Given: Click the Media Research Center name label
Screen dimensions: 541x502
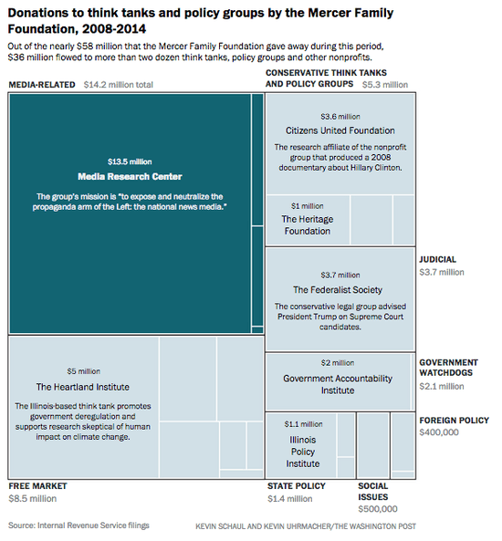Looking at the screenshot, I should point(131,176).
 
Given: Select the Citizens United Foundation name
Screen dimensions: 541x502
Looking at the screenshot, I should point(339,130).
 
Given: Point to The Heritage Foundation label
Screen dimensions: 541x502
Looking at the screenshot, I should point(306,225).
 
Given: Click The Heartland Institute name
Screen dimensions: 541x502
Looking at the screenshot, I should point(83,386).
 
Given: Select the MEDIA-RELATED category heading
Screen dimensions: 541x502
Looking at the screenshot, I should point(42,85).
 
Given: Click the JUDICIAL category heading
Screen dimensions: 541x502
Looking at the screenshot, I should point(437,259).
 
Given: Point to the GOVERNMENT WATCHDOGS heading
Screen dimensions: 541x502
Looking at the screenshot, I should point(448,368).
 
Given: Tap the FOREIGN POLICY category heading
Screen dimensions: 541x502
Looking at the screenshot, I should point(454,421).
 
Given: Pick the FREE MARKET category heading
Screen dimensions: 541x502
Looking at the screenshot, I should point(37,486).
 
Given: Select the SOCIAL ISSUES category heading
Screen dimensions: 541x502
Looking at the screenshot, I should point(373,492).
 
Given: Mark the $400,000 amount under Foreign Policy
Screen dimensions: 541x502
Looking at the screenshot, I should point(439,432).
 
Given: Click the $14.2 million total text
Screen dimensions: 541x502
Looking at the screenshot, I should point(118,85).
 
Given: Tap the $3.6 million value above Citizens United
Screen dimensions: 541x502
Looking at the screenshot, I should point(339,117).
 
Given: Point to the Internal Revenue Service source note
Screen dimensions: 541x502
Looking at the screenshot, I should point(78,525).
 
